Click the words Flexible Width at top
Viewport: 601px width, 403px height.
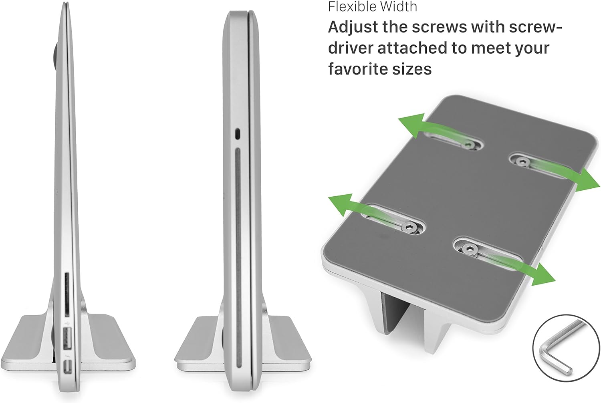[x=373, y=7]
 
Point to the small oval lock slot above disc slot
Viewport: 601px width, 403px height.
[x=238, y=134]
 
